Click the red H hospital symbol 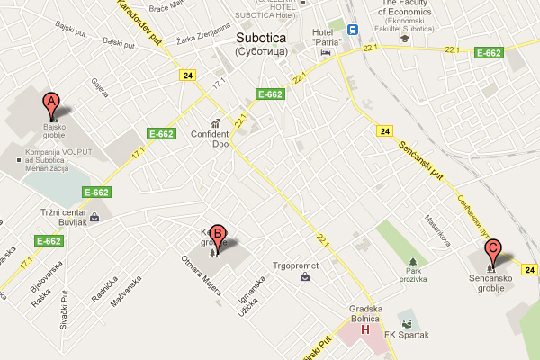click(364, 329)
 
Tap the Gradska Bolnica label click(365, 314)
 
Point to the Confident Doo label click(211, 139)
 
